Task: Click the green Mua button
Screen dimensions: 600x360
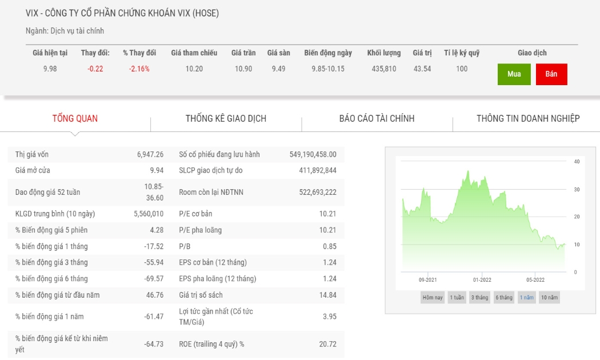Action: pyautogui.click(x=514, y=74)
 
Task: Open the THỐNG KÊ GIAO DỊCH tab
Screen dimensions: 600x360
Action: pyautogui.click(x=226, y=119)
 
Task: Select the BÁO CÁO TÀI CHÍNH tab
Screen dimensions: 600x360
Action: pyautogui.click(x=377, y=119)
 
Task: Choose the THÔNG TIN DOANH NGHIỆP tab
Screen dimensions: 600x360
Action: pyautogui.click(x=528, y=119)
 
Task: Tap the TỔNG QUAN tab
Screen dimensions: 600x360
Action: pyautogui.click(x=75, y=119)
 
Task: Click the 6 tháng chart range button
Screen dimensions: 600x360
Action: pyautogui.click(x=504, y=297)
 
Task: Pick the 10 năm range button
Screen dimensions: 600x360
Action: pyautogui.click(x=550, y=297)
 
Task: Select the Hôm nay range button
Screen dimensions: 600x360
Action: pyautogui.click(x=433, y=297)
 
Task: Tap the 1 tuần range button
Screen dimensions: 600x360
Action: pyautogui.click(x=457, y=297)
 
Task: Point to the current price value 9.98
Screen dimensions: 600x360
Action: pyautogui.click(x=50, y=69)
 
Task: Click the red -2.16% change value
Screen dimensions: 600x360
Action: pyautogui.click(x=139, y=69)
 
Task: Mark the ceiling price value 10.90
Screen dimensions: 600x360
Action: pyautogui.click(x=243, y=69)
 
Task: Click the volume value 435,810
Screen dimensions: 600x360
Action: pyautogui.click(x=384, y=69)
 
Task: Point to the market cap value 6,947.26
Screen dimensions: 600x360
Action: pyautogui.click(x=150, y=154)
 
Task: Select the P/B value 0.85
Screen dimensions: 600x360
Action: pyautogui.click(x=330, y=246)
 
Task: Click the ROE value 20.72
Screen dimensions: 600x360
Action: pyautogui.click(x=328, y=344)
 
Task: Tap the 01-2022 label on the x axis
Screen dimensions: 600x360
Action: pyautogui.click(x=482, y=279)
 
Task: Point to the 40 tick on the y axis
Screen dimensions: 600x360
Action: pyautogui.click(x=577, y=162)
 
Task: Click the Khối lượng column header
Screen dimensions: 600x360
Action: pyautogui.click(x=384, y=53)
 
